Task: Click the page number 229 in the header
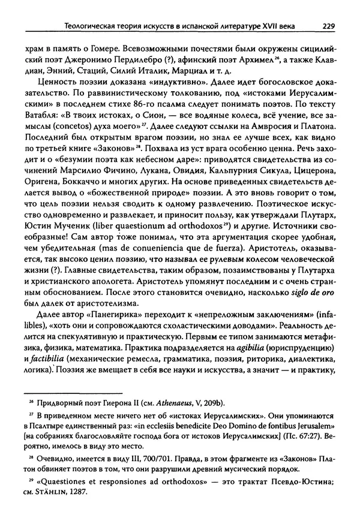[328, 25]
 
